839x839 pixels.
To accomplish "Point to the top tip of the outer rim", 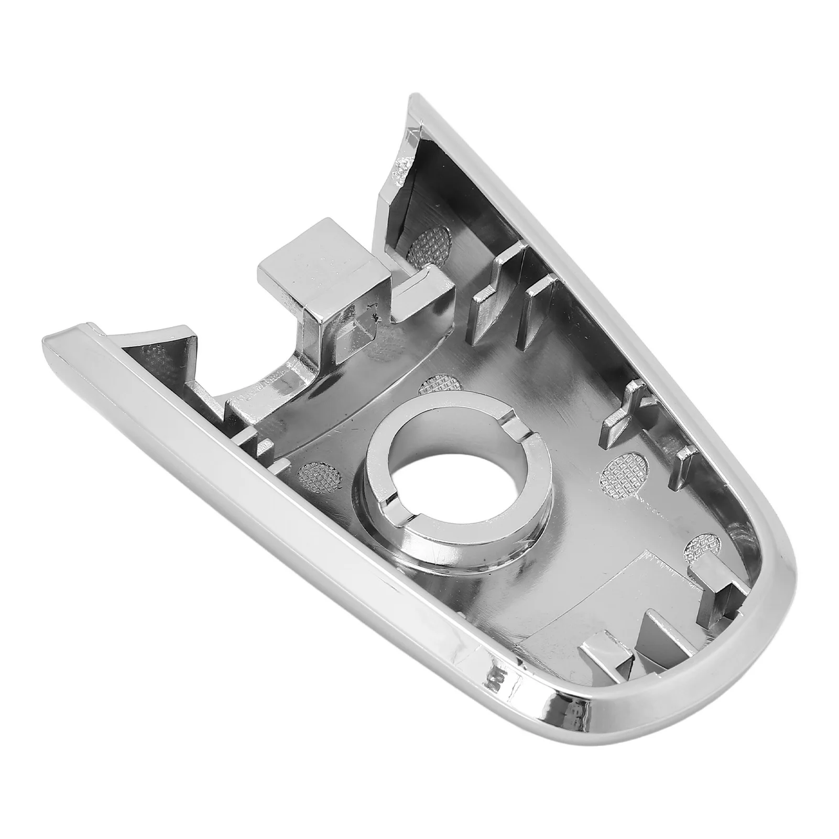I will coord(417,100).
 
